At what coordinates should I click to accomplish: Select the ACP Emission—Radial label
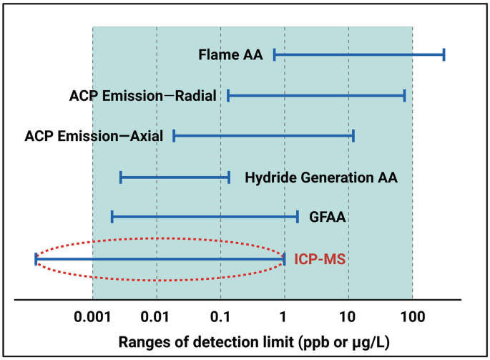click(143, 95)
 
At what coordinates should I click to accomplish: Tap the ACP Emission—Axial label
click(94, 135)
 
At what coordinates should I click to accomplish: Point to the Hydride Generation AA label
click(320, 176)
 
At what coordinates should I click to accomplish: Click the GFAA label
click(328, 216)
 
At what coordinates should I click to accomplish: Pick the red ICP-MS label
click(320, 258)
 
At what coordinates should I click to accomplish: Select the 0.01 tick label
click(157, 315)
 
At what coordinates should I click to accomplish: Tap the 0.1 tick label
click(220, 315)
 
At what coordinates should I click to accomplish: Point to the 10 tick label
click(348, 315)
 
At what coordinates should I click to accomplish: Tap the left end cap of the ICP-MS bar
click(35, 259)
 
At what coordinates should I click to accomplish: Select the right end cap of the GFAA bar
click(298, 216)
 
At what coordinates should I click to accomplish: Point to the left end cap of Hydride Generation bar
click(121, 176)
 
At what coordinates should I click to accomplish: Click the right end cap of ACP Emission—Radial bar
click(405, 95)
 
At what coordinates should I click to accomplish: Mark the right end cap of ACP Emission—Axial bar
click(353, 135)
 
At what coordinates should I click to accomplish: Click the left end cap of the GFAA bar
click(112, 216)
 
